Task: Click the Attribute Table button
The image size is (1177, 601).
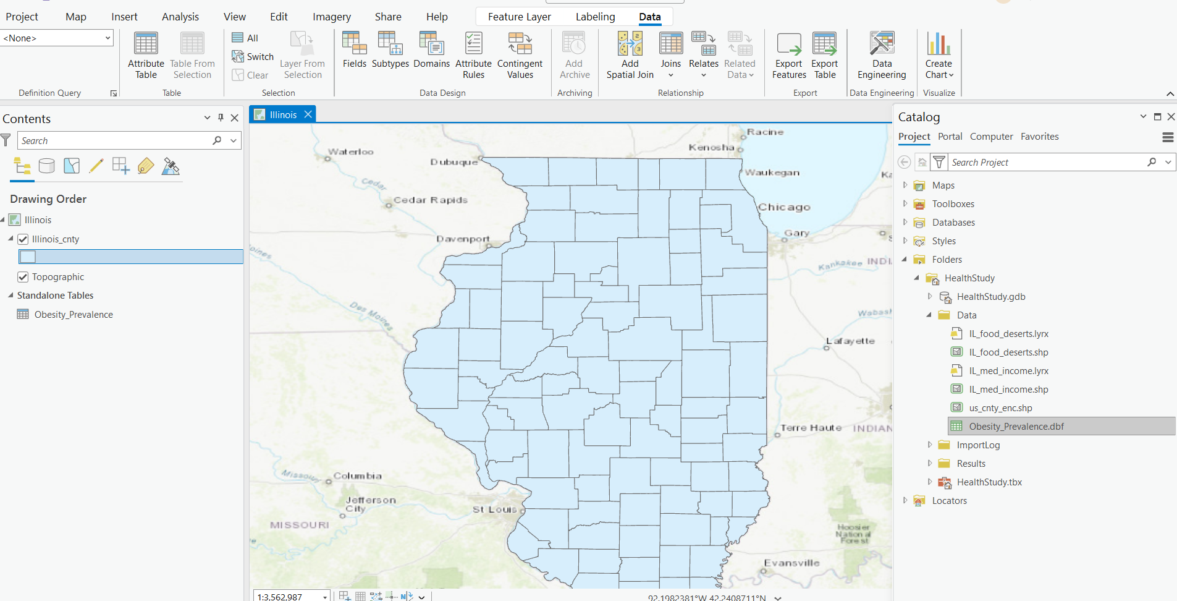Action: (146, 56)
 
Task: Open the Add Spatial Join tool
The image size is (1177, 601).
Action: (630, 56)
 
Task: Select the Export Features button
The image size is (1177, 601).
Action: (789, 56)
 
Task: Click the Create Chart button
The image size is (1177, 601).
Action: (939, 56)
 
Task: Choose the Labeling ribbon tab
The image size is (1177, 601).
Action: (595, 17)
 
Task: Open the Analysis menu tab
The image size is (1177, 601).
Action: (180, 17)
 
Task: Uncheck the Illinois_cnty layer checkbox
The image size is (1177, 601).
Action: (23, 239)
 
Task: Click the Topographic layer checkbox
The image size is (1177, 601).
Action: (23, 277)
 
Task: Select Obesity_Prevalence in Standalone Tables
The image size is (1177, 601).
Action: (74, 315)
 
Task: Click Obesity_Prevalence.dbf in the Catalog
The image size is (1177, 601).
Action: (1016, 427)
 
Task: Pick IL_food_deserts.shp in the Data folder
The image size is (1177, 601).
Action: (1008, 352)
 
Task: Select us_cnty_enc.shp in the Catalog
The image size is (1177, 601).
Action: (1000, 408)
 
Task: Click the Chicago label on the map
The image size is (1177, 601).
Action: (784, 207)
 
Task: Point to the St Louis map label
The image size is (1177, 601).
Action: (494, 509)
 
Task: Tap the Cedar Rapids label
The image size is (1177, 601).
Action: (431, 200)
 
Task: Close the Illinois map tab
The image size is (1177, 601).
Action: (308, 114)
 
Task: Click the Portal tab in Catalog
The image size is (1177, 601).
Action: (950, 137)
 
